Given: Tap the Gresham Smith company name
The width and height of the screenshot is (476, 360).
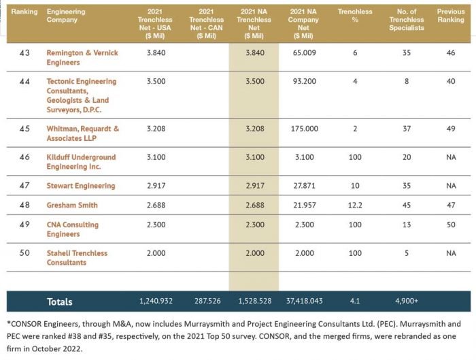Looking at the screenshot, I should pyautogui.click(x=71, y=205).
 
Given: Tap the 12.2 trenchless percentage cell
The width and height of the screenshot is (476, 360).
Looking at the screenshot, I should pyautogui.click(x=354, y=205).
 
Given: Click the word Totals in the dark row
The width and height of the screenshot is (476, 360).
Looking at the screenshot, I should pyautogui.click(x=60, y=301).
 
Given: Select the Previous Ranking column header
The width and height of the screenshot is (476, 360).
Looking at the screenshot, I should pyautogui.click(x=451, y=16).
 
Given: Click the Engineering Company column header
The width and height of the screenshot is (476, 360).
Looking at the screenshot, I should pyautogui.click(x=67, y=16).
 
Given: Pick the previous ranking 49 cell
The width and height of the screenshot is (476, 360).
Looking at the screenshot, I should pyautogui.click(x=451, y=128).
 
